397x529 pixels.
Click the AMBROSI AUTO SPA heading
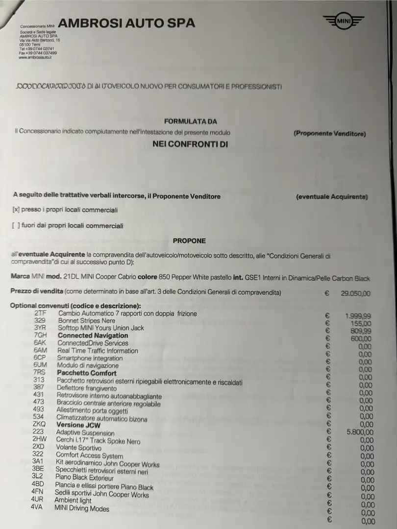point(126,23)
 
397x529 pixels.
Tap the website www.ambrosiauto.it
point(35,57)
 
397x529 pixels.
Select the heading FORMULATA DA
point(190,121)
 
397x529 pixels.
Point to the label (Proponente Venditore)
point(329,134)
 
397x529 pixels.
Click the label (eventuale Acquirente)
point(332,197)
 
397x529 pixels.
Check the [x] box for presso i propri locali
point(15,210)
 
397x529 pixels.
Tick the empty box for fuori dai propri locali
point(15,226)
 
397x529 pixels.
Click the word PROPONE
point(189,240)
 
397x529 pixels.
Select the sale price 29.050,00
point(355,294)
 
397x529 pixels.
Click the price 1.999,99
point(358,316)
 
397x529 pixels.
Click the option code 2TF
point(40,313)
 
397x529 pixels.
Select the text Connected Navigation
point(93,336)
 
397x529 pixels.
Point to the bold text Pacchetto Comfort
point(87,373)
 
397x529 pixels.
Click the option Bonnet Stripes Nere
point(87,320)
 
